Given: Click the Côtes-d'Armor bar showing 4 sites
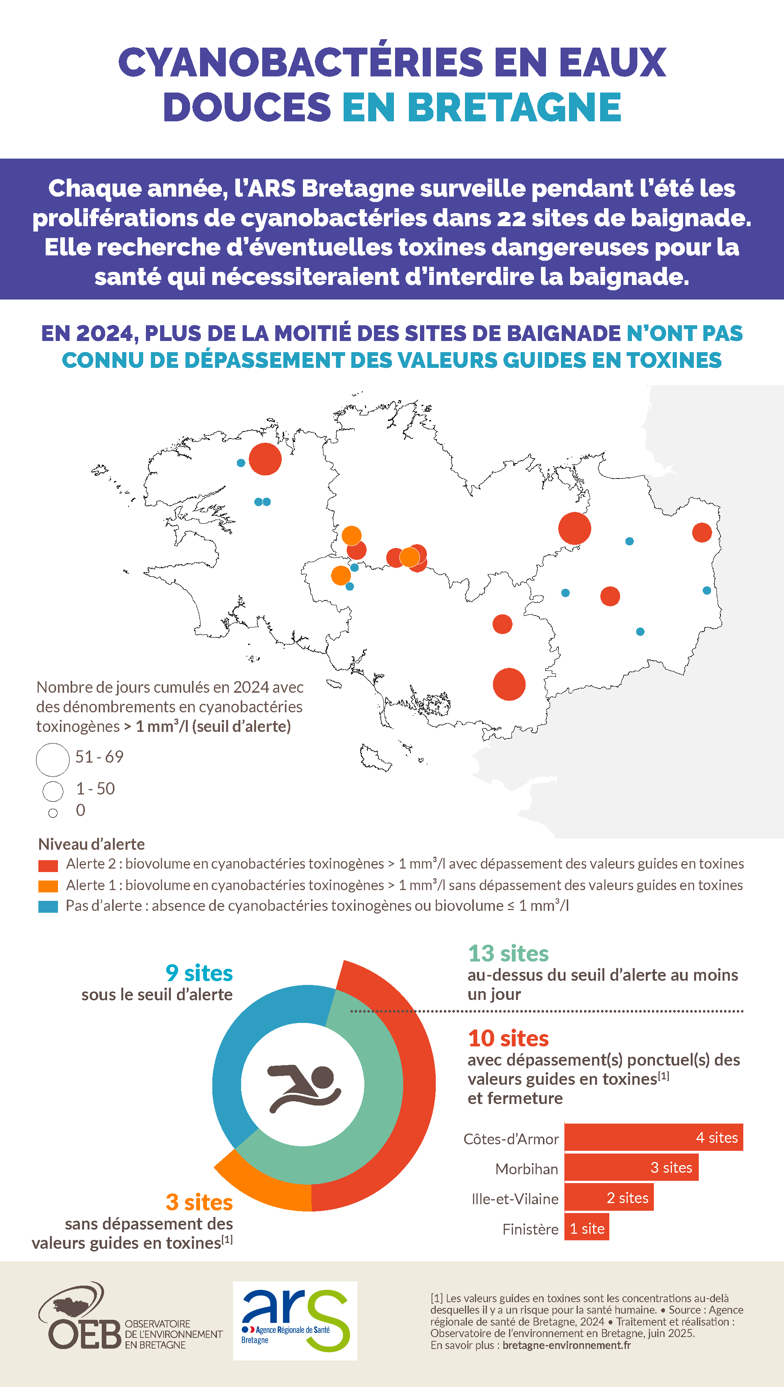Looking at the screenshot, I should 653,1137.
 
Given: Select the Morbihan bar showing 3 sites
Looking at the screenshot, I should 631,1167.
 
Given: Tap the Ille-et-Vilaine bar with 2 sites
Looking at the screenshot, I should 609,1197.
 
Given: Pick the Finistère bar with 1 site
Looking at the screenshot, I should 586,1228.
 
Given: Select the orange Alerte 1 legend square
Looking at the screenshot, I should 48,886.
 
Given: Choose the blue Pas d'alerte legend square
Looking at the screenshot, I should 48,907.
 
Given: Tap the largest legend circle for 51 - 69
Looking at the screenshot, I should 53,759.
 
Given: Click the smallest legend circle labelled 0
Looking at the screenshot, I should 53,813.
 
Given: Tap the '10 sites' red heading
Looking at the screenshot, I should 508,1038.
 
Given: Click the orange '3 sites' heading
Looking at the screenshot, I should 199,1202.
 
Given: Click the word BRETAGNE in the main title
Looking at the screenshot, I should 514,107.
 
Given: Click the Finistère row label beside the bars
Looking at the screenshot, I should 530,1229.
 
